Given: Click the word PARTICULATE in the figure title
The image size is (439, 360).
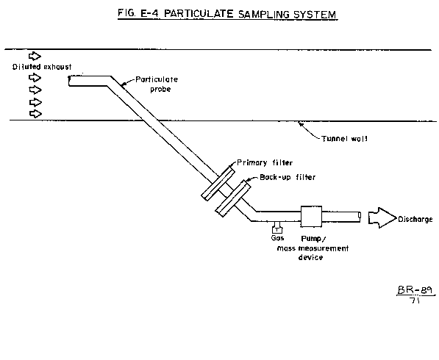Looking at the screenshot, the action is (199, 14).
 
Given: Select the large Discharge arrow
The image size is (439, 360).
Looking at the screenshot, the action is (382, 217).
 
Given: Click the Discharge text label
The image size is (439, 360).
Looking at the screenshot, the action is (415, 219).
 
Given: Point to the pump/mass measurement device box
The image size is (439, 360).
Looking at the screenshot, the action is (311, 217).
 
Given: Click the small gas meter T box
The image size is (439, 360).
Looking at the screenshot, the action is (277, 229).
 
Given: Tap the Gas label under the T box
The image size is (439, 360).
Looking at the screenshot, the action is (277, 238).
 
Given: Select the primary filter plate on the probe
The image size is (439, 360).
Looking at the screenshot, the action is (218, 183).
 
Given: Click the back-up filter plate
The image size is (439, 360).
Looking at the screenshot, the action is (232, 198).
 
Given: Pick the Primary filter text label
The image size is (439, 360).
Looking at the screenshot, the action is (265, 163).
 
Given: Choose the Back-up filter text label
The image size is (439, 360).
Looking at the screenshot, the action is (288, 177).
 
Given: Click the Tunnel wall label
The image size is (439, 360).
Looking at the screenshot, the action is (344, 139).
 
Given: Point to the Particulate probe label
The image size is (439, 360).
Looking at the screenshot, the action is (157, 84).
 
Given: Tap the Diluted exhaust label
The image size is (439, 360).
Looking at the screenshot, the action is (42, 67).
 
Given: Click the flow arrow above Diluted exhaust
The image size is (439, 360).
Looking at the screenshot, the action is (35, 56).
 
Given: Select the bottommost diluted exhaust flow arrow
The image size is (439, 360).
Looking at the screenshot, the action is (35, 114).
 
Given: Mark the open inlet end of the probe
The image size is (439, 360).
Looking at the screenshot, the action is (69, 81).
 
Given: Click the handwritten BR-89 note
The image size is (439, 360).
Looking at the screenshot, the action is (415, 290).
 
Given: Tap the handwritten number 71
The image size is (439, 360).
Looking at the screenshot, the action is (415, 300).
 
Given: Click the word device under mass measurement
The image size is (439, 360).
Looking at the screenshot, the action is (310, 257).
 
